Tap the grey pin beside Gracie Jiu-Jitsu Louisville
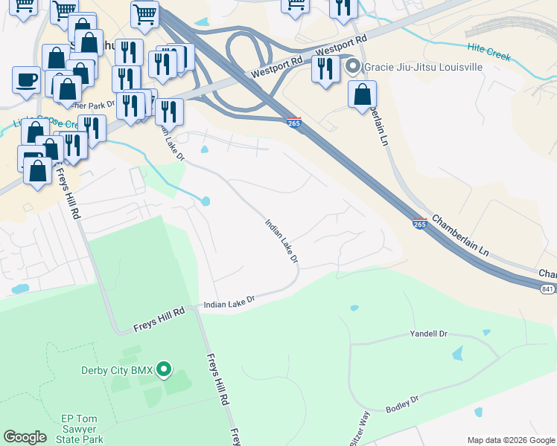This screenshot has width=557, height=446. tap(353, 67)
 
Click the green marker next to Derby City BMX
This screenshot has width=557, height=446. tap(165, 369)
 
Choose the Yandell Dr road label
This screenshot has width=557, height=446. tap(428, 334)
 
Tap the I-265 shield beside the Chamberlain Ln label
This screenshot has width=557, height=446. tap(420, 223)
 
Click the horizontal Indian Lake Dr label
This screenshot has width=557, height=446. tap(229, 302)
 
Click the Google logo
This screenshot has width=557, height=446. tap(25, 437)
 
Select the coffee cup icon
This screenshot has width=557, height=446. tap(26, 80)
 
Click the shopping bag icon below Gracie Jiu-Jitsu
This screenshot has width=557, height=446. tap(362, 94)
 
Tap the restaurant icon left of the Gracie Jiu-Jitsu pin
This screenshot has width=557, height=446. tap(325, 69)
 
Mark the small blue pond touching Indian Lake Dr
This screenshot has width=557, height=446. tap(205, 201)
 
